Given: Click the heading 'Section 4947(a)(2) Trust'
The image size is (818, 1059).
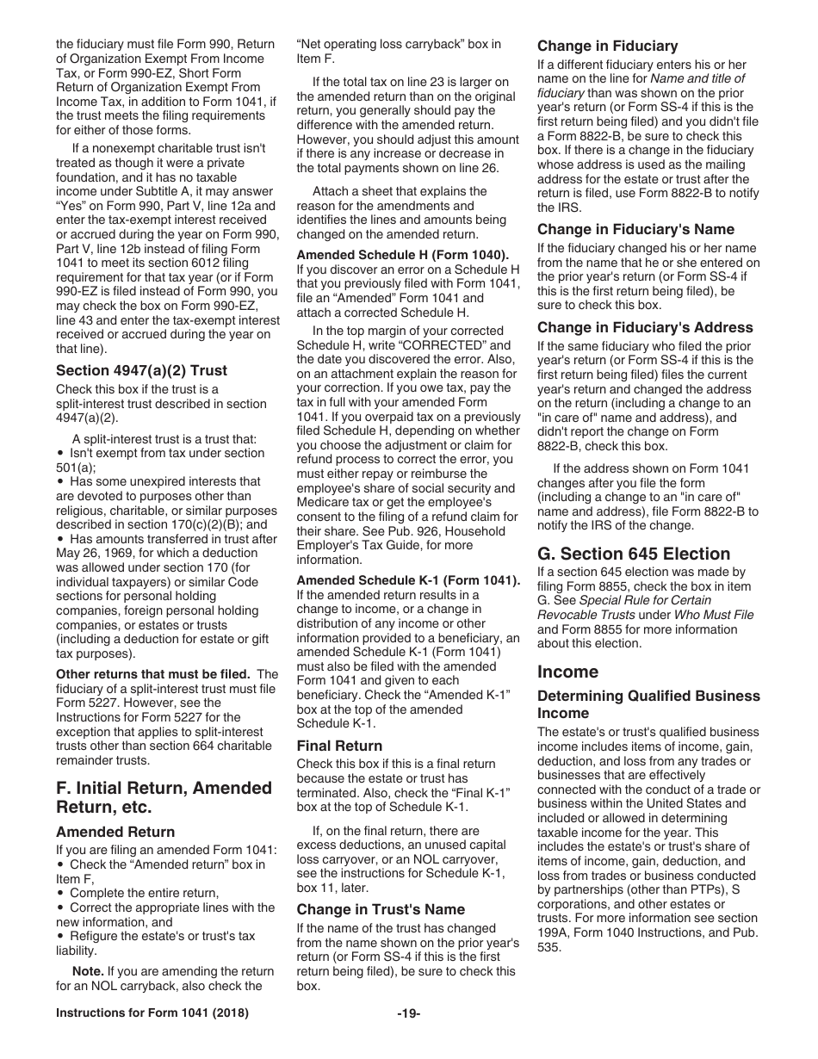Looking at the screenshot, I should [x=141, y=370].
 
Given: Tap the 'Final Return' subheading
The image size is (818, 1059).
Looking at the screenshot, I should [x=339, y=746].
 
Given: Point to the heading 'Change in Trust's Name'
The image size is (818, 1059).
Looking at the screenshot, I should [x=381, y=909].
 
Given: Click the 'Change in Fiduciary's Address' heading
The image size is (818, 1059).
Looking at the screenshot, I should [x=645, y=327].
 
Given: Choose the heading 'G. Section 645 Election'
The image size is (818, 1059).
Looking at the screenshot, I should [x=633, y=554].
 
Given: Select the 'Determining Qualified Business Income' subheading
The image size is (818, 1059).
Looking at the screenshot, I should [x=648, y=704].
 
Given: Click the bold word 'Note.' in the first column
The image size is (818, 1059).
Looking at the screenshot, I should [x=88, y=971].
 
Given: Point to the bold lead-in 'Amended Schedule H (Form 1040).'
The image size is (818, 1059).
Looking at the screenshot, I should [x=402, y=254].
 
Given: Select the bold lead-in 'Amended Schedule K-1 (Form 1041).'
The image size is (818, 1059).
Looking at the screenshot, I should [x=408, y=580].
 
